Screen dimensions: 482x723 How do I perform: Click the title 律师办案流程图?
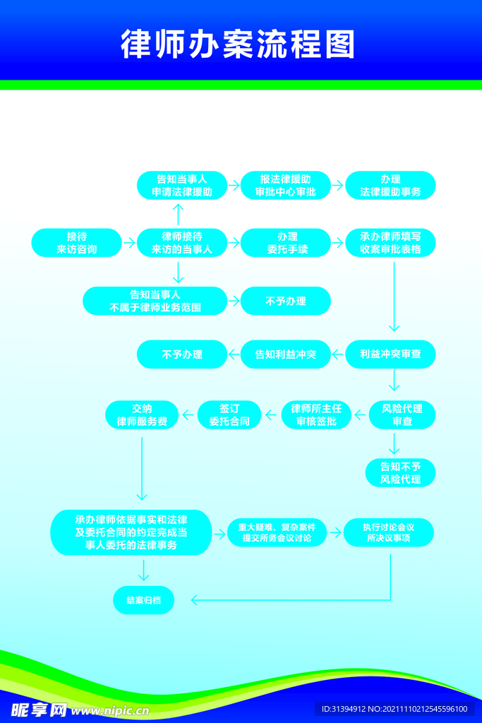238,44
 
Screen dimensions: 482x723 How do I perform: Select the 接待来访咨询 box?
76,243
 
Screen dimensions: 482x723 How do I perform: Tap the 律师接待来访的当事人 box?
182,243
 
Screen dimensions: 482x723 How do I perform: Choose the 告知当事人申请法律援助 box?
182,186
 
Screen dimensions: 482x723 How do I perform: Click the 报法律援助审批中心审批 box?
286,186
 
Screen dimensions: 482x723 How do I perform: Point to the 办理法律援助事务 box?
390,186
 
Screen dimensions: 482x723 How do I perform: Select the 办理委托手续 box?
286,243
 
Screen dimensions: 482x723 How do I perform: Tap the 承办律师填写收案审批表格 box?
390,243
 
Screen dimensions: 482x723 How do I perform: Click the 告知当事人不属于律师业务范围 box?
155,301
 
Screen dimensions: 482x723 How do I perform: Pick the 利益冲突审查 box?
390,354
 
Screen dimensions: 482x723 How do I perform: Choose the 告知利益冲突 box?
286,354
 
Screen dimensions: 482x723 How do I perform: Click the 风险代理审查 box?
402,415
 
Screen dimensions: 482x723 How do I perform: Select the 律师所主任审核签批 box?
316,415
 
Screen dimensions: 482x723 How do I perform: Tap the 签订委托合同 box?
229,415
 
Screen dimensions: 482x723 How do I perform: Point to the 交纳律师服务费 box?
142,415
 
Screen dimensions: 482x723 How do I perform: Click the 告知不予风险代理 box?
400,472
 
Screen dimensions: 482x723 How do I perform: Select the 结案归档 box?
144,600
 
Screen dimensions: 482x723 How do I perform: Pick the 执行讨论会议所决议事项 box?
388,532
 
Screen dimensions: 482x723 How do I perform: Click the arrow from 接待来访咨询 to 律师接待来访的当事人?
129,243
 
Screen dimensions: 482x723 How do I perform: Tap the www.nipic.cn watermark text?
110,710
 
